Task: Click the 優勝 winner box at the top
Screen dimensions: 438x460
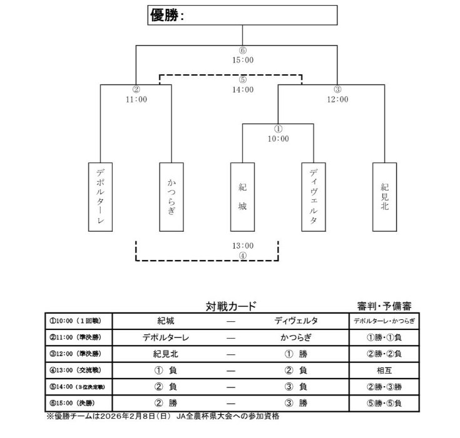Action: pos(242,15)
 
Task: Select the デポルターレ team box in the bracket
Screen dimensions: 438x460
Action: pos(101,196)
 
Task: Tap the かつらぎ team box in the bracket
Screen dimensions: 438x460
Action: pos(171,196)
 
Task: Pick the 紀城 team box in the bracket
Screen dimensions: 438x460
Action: pos(242,196)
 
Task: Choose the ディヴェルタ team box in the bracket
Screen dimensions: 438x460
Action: pos(314,196)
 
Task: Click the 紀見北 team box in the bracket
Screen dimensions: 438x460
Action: pos(384,196)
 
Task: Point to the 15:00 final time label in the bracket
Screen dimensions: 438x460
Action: pos(243,60)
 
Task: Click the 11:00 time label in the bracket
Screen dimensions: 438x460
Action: pos(136,99)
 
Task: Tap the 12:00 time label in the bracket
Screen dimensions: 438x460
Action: pos(337,99)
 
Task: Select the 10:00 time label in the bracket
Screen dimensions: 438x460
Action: pos(278,138)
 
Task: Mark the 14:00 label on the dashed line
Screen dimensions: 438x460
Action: pos(243,89)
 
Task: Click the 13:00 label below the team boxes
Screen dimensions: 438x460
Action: pos(243,246)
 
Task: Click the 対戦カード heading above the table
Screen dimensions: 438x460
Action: pos(231,306)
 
